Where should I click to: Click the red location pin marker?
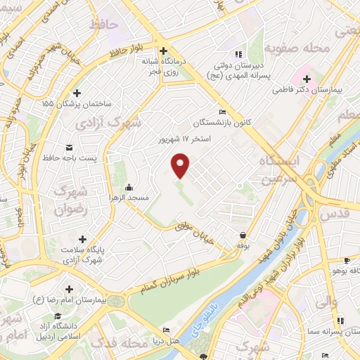point(181,165)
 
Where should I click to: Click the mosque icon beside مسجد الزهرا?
point(129,188)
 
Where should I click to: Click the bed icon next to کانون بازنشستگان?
point(223,112)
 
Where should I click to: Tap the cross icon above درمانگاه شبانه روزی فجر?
point(162,51)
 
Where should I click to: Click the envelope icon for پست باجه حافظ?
point(69,147)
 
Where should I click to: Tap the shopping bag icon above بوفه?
point(243,236)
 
